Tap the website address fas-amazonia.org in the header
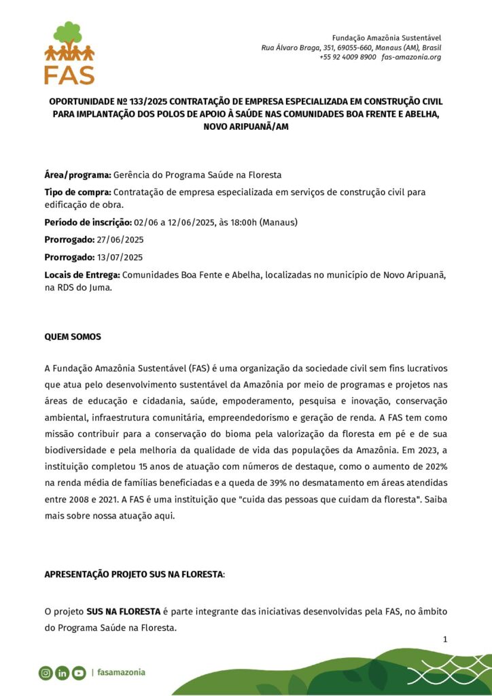[411, 57]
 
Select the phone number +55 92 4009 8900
[347, 57]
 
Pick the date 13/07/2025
[120, 257]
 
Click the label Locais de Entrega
[82, 274]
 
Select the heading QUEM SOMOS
[73, 336]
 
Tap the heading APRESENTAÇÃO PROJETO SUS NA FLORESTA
[133, 574]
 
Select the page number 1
[444, 639]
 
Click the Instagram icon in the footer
[46, 673]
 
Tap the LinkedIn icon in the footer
[62, 673]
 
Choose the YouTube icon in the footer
[79, 673]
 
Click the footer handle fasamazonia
[121, 673]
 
